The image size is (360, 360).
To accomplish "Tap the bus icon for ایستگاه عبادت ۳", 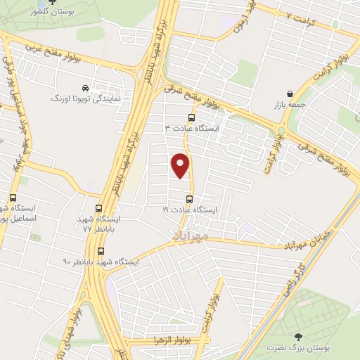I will click(192, 118).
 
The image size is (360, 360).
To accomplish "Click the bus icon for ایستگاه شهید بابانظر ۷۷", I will click(98, 208).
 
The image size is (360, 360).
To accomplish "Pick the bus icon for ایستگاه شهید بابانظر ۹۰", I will click(101, 251).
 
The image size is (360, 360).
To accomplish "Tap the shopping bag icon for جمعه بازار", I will click(290, 94).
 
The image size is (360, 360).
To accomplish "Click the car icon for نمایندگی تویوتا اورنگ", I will click(85, 89).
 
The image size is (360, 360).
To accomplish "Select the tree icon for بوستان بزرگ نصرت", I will click(297, 337).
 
